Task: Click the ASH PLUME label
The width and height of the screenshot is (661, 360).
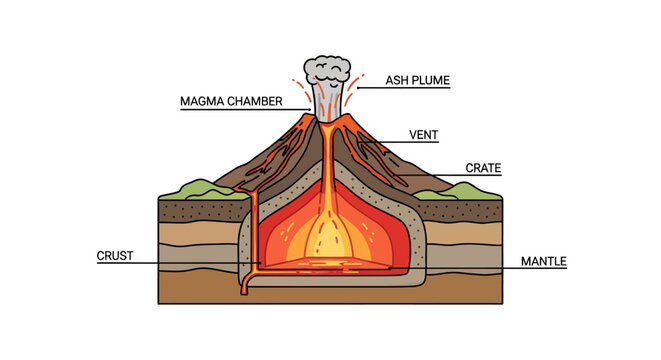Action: click(x=418, y=80)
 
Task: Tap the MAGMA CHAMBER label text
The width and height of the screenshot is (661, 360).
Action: click(x=231, y=101)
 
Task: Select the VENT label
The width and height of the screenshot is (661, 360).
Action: click(x=424, y=135)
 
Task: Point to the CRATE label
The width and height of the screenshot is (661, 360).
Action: click(x=483, y=168)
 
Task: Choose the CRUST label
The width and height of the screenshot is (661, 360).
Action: click(x=115, y=256)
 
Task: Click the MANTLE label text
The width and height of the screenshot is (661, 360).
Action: click(x=544, y=261)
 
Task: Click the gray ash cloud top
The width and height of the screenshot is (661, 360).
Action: click(x=327, y=70)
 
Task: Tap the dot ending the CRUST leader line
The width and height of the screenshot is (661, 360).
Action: click(x=260, y=263)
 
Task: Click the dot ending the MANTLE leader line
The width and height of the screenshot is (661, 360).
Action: click(x=390, y=268)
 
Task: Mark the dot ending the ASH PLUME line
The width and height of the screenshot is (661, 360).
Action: click(x=358, y=88)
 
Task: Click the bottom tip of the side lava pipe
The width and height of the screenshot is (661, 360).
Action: click(x=244, y=293)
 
